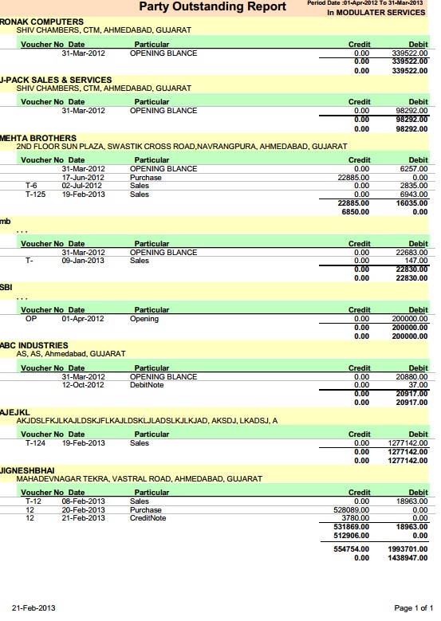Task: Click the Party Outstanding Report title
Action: (x=212, y=7)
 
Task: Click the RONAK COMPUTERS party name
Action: (x=41, y=21)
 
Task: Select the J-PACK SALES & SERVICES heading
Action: (x=56, y=80)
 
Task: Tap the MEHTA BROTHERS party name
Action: (x=38, y=138)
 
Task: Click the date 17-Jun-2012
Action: (x=84, y=177)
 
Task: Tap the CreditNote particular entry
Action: (x=148, y=518)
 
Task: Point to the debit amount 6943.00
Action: (x=412, y=194)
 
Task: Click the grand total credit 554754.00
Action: (x=351, y=550)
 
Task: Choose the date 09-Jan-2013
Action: (x=84, y=261)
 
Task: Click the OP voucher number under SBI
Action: (x=31, y=319)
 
